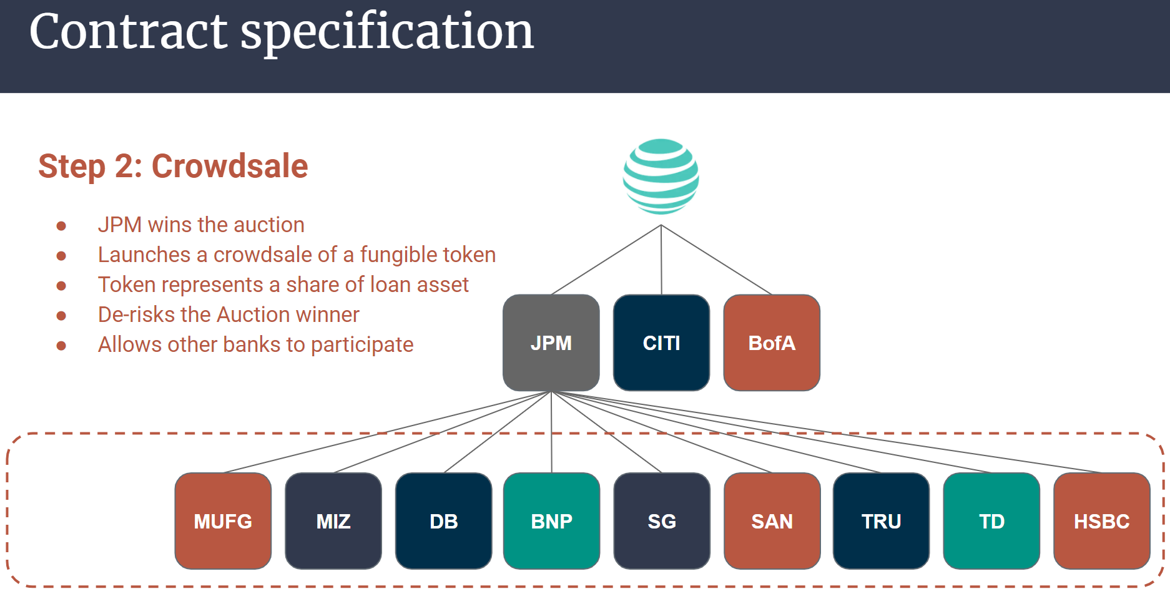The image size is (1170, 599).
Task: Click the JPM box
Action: [551, 343]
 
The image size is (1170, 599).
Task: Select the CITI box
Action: [661, 343]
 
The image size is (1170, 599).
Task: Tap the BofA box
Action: [772, 343]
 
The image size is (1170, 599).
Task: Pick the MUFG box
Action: [223, 521]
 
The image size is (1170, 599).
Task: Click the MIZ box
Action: [333, 521]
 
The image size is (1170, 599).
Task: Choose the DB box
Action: [444, 521]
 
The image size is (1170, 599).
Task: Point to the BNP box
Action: [551, 521]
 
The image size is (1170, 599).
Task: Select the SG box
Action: [662, 521]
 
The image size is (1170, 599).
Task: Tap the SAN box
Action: [772, 521]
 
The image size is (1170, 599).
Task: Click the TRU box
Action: [881, 521]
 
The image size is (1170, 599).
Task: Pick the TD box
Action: [991, 521]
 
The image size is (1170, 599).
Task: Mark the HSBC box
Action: [1101, 521]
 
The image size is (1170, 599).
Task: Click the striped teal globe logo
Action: [661, 176]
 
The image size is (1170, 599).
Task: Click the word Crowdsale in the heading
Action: [230, 167]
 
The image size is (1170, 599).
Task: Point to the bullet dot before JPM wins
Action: [61, 225]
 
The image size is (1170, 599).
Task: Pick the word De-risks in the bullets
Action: [136, 314]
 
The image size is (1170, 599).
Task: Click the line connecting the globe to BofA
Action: [717, 260]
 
